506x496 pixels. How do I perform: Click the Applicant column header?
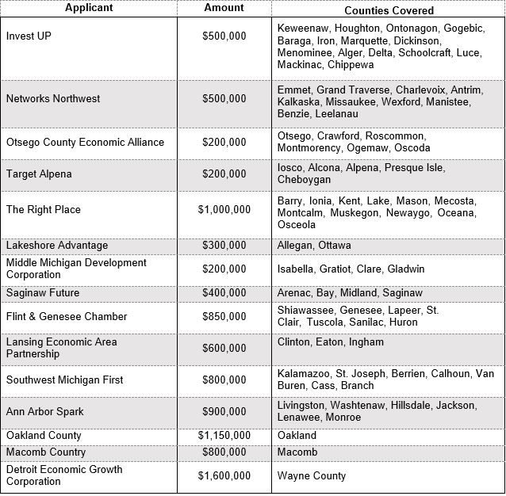89,8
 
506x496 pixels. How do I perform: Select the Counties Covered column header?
389,10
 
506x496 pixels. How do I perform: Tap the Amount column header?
224,8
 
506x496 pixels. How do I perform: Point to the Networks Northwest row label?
53,99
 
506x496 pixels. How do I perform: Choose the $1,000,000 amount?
224,210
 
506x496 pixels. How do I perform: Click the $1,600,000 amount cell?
224,476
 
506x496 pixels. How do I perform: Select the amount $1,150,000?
224,436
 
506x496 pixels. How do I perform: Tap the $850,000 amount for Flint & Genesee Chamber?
224,317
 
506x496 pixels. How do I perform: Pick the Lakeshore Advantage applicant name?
57,246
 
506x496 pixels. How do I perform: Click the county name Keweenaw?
304,28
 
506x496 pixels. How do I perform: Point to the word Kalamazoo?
304,373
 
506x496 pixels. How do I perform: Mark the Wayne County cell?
312,476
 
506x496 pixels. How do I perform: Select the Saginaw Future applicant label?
43,293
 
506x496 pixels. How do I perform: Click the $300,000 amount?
224,246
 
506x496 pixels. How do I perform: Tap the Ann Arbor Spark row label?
44,412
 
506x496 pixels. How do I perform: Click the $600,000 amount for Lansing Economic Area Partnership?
224,349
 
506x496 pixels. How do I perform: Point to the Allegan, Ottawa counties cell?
314,246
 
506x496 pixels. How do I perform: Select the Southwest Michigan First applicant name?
65,380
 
